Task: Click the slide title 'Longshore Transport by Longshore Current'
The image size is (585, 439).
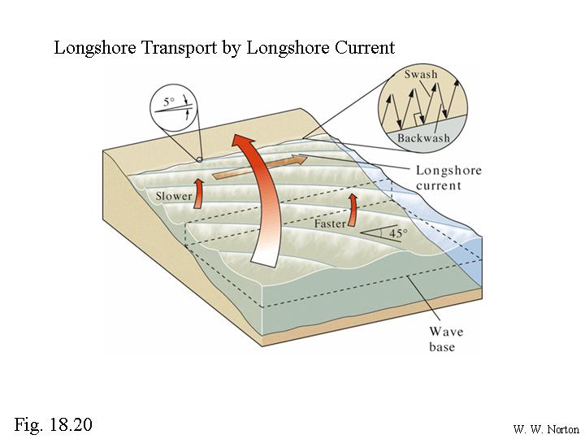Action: point(224,47)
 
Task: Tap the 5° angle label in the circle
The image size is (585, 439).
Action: point(169,103)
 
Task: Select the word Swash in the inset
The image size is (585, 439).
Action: point(421,75)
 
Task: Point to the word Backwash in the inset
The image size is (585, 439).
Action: point(422,138)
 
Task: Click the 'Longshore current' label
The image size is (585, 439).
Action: point(448,178)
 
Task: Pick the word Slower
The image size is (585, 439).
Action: point(174,196)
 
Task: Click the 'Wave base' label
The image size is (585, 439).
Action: point(445,339)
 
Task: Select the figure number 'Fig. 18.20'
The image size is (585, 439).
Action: point(54,424)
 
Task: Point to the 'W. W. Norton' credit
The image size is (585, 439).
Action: point(545,428)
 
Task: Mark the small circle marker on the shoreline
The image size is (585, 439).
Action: point(199,159)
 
